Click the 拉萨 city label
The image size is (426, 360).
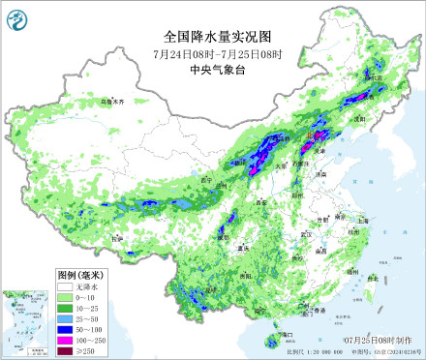click(117, 236)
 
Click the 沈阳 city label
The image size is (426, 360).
click(361, 120)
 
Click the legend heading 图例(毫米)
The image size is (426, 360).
click(78, 274)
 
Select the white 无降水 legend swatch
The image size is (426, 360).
click(66, 287)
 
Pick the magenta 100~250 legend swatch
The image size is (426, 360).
click(66, 341)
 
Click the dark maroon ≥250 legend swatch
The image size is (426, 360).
click(66, 351)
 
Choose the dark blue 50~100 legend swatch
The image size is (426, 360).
click(66, 330)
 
